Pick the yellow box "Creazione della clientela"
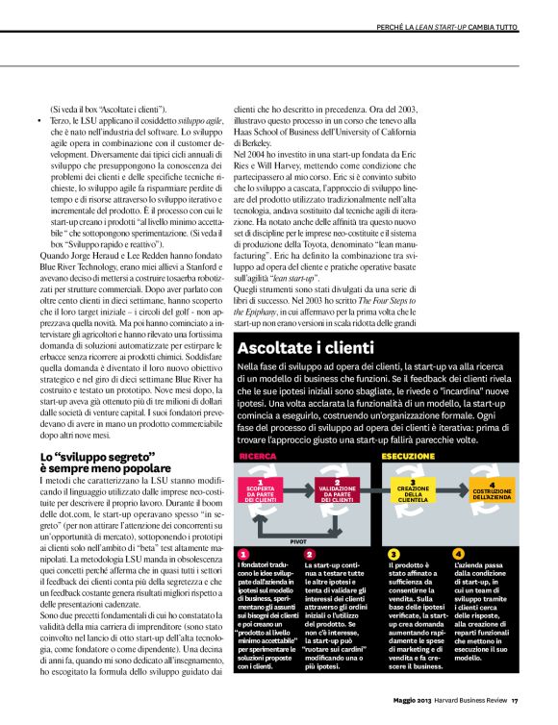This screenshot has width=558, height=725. tap(413, 492)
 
